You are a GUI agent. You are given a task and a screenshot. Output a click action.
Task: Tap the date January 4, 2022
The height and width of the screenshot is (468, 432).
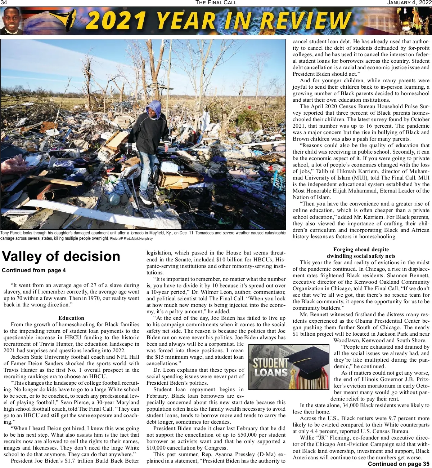[x=409, y=3]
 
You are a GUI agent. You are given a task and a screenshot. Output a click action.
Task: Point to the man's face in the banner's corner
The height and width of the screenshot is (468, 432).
[x=12, y=21]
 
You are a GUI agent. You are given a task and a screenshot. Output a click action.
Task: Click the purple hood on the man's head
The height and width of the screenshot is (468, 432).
[x=154, y=108]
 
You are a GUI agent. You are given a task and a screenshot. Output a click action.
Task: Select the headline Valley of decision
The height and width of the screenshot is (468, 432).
[x=61, y=256]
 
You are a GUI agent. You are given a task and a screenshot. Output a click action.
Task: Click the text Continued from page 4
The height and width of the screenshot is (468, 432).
[x=34, y=270]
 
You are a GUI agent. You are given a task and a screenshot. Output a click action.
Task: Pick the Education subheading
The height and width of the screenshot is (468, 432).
[x=71, y=318]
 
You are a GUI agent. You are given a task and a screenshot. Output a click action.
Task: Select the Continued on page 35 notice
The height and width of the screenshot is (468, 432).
[x=398, y=464]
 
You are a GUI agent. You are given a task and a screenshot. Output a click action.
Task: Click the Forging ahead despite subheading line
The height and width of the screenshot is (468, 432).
[x=361, y=250]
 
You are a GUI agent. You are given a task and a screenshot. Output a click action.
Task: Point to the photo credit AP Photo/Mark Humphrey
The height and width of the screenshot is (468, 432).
[x=131, y=239]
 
